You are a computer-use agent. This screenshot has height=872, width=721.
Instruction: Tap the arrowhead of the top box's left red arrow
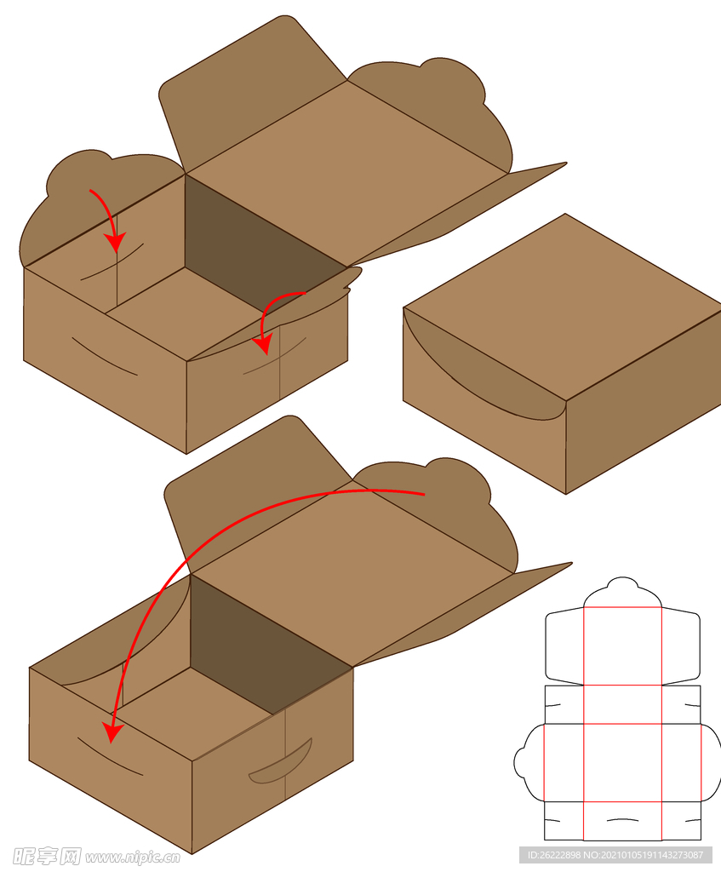click(x=116, y=243)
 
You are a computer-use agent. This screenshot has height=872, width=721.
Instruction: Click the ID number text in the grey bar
click(x=615, y=855)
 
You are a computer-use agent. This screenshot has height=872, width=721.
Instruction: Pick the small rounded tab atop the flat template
click(x=622, y=584)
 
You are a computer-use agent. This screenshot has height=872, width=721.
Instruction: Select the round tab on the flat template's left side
click(x=522, y=762)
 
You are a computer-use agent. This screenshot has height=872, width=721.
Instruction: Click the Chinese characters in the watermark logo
click(x=47, y=857)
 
